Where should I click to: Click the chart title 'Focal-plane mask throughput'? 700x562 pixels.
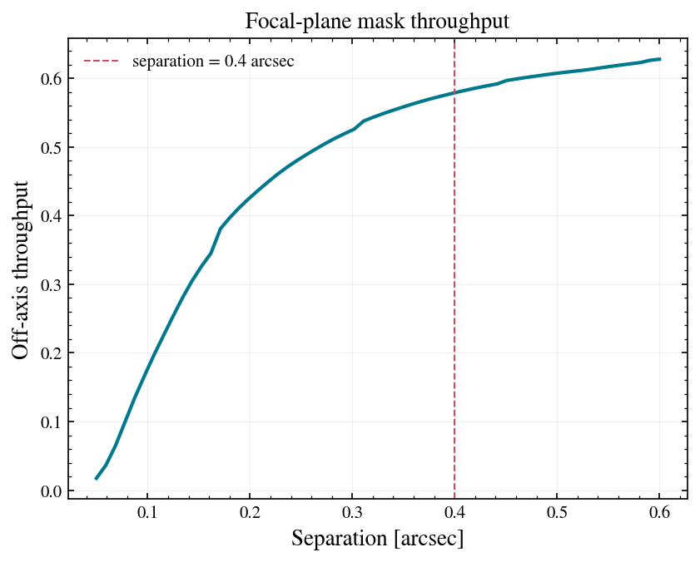pos(377,21)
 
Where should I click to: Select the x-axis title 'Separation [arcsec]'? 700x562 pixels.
pos(378,538)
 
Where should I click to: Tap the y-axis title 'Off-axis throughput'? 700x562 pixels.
pos(21,270)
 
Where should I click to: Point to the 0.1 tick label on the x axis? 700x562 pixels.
pos(147,512)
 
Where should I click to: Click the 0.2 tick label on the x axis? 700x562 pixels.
pos(250,512)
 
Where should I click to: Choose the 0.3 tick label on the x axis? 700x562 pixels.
pos(352,512)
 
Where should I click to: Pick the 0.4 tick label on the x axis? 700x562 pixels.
pos(454,512)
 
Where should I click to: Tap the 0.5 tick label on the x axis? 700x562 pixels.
pos(557,512)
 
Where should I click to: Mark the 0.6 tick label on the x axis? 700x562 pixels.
pos(659,512)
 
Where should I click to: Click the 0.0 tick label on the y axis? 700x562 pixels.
pos(51,491)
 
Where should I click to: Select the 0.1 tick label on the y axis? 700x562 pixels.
pos(51,422)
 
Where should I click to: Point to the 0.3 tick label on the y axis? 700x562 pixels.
pos(51,284)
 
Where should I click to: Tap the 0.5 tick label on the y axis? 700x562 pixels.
pos(51,147)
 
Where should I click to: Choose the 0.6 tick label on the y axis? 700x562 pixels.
pos(51,78)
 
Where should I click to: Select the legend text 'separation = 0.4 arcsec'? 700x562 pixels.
pos(213,62)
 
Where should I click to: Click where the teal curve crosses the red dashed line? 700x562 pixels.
pos(454,93)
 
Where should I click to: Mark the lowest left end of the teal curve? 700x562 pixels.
pos(96,479)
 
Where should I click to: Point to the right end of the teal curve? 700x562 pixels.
pos(660,59)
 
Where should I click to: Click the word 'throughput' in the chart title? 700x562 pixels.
pos(459,22)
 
